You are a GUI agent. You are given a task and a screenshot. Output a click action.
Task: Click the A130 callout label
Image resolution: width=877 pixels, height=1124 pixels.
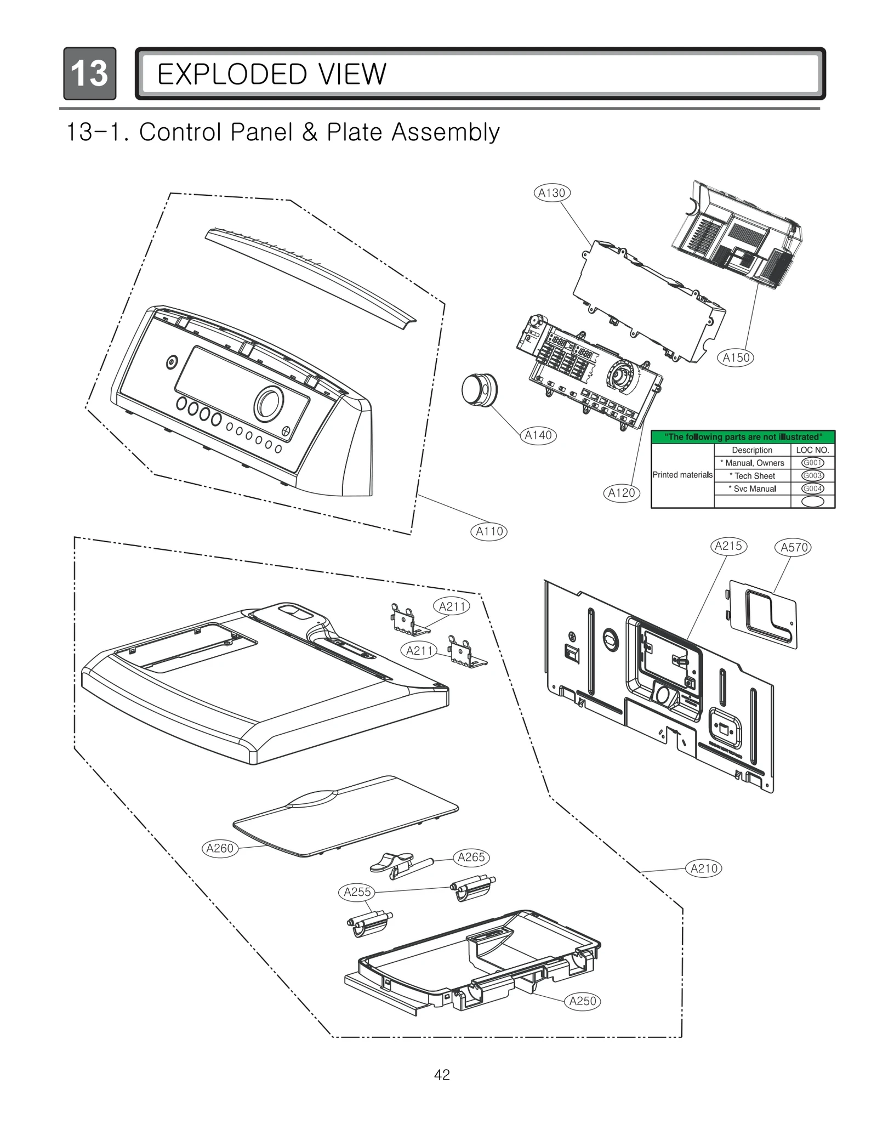pos(551,193)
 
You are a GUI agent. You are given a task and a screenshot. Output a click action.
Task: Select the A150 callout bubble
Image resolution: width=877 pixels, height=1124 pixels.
pos(736,358)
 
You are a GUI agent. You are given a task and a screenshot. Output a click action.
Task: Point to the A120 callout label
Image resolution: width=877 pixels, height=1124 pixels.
pos(622,493)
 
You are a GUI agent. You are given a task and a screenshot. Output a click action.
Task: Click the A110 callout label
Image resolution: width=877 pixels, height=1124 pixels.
pos(489,531)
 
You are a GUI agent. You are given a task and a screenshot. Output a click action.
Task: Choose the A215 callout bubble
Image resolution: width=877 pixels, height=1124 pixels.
pos(728,546)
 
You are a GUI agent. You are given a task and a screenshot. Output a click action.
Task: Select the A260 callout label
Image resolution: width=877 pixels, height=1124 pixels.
pos(220,848)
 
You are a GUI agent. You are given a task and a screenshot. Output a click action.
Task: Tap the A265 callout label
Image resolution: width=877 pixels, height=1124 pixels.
pos(471,857)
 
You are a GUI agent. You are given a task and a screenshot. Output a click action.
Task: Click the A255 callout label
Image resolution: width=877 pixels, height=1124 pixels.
pos(357,892)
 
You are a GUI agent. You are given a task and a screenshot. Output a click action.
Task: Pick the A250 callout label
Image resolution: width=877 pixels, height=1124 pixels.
pos(583,1001)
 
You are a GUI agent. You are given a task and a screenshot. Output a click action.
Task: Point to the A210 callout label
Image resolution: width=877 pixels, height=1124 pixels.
pos(704,868)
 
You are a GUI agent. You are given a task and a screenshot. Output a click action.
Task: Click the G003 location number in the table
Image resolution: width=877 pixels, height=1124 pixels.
pos(812,476)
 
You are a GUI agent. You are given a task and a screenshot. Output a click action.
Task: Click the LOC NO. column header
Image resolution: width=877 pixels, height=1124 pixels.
pos(812,450)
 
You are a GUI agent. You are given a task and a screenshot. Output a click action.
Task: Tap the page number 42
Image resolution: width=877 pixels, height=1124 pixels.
pos(442,1075)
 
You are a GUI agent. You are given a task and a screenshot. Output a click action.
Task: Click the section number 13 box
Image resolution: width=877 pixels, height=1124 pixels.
pos(89,73)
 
